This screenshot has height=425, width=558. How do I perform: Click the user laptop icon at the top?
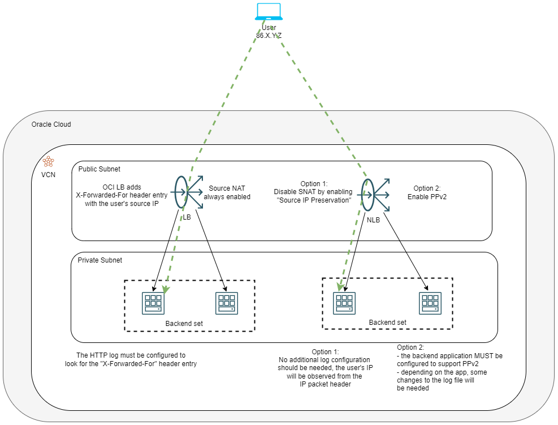click(269, 12)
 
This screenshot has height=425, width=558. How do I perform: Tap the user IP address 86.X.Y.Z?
click(269, 35)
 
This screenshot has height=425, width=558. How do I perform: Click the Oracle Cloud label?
click(51, 125)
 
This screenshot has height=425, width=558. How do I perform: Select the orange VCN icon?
click(49, 162)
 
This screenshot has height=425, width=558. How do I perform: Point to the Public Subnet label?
click(99, 169)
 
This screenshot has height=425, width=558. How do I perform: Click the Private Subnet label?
click(100, 260)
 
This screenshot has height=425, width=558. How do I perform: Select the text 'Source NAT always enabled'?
click(227, 192)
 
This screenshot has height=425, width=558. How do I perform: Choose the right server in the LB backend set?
click(226, 303)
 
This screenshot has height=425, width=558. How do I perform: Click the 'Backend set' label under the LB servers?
click(184, 324)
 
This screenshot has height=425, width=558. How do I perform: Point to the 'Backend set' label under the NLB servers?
click(388, 323)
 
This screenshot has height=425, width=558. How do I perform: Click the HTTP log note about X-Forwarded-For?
click(131, 359)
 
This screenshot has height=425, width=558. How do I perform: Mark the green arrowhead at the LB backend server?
click(166, 289)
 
